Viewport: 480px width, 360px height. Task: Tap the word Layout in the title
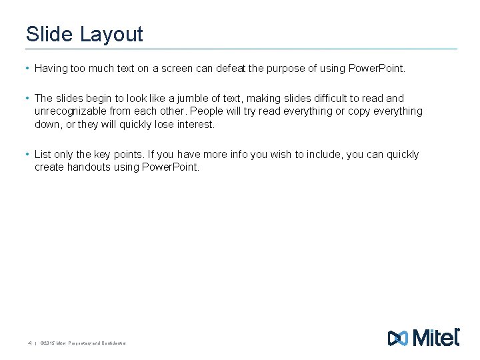pyautogui.click(x=111, y=34)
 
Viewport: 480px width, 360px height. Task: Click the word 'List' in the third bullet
pyautogui.click(x=43, y=154)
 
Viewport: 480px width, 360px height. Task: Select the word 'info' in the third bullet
pyautogui.click(x=239, y=154)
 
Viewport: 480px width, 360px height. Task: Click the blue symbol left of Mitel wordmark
pyautogui.click(x=397, y=339)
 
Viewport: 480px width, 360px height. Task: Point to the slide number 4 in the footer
pyautogui.click(x=29, y=343)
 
